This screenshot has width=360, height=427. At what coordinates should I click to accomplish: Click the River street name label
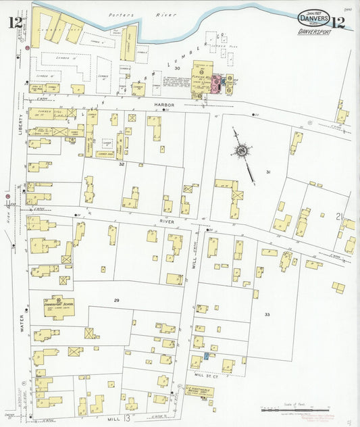[x=167, y=221]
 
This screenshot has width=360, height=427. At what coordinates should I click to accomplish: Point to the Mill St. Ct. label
[x=208, y=374]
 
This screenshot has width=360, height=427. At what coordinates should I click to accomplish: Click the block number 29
[x=117, y=299]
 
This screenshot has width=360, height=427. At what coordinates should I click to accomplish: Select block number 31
[x=268, y=172]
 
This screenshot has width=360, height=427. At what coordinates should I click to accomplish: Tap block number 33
[x=267, y=315]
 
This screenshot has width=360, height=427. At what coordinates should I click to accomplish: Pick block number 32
[x=122, y=164]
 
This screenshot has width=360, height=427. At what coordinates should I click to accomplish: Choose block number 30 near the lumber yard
[x=178, y=68]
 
